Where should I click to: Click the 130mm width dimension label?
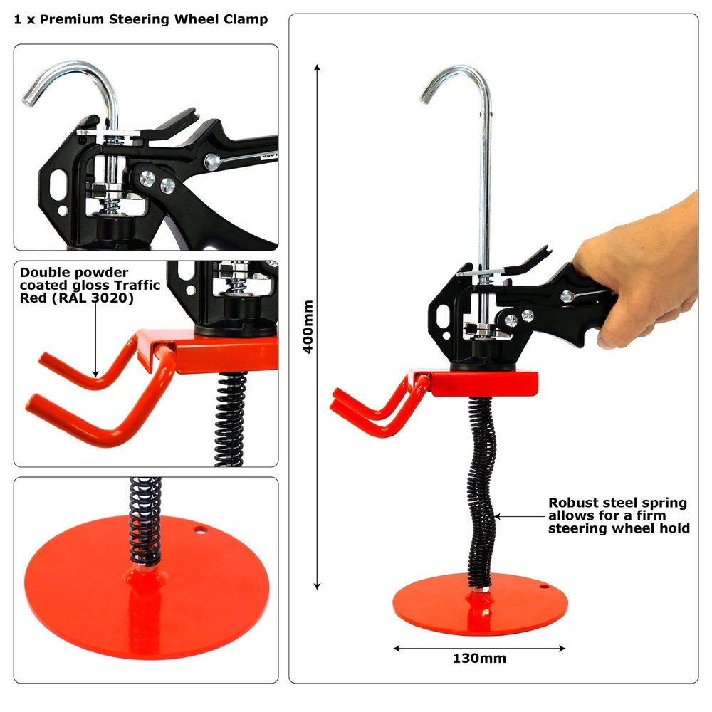tap(479, 658)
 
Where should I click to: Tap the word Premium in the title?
tap(75, 19)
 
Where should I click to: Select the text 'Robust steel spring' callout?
tap(617, 503)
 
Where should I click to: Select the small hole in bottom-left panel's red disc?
tap(200, 529)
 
